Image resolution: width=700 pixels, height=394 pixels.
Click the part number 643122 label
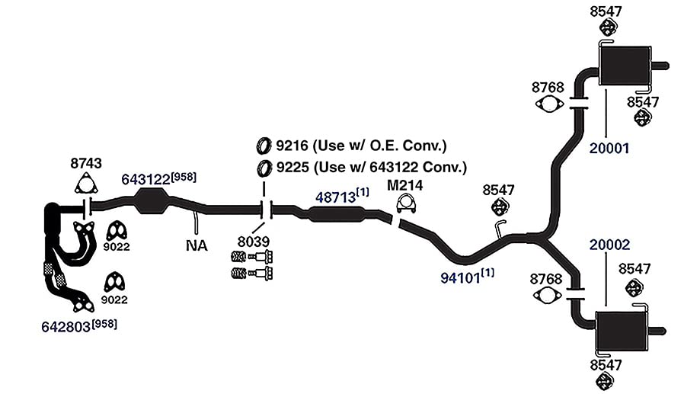coord(145,180)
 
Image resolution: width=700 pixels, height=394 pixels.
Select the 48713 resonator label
coord(336,197)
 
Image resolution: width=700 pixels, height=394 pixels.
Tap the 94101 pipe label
coord(460,278)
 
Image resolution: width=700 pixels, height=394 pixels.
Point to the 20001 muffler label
coord(609,148)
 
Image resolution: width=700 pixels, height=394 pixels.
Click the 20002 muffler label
coord(609,245)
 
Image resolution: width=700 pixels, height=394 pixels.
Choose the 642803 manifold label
coord(66,327)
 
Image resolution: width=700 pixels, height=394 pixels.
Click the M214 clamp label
coord(404,185)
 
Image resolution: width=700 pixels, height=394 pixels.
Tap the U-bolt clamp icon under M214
coord(406,204)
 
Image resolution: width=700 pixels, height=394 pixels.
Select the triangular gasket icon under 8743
coord(86,185)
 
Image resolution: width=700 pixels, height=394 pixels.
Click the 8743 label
coord(86,163)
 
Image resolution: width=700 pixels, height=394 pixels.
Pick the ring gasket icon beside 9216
coord(264,146)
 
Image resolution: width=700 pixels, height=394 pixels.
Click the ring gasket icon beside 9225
coord(264,168)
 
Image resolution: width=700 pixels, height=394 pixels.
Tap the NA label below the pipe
coord(197,245)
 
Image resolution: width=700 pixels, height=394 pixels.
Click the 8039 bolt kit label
coord(253,242)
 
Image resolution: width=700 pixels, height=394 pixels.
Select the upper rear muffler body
coord(624,66)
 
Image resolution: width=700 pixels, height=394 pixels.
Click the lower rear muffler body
coord(622,331)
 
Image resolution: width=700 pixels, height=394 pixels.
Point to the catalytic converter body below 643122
coord(152,201)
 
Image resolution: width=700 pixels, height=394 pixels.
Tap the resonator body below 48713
coord(336,214)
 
